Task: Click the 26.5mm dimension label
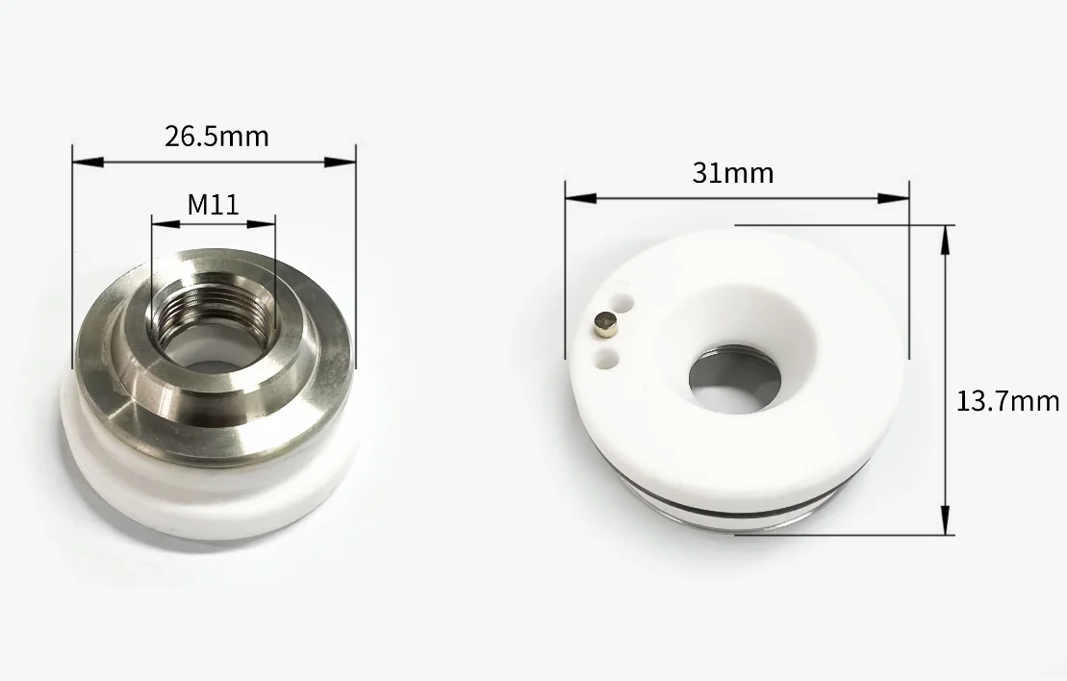[216, 137]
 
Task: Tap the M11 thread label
[213, 204]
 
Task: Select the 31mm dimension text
[732, 173]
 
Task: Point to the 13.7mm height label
[1007, 401]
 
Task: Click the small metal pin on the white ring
[606, 325]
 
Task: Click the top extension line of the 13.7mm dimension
[837, 226]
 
